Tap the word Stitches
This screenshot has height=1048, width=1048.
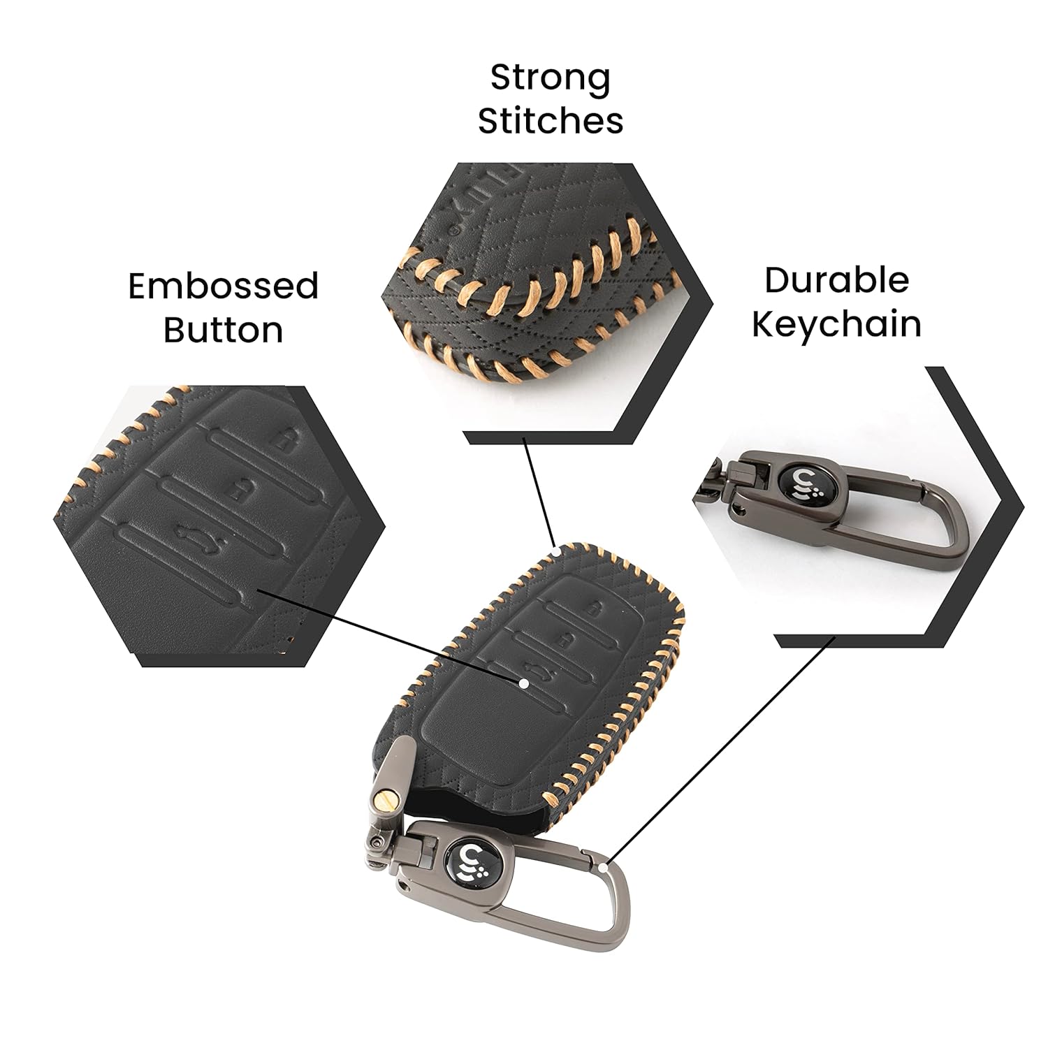tap(550, 120)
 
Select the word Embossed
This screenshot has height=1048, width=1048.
tap(224, 286)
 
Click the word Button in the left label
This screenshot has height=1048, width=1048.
tap(224, 330)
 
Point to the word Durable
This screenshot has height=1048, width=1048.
tap(836, 281)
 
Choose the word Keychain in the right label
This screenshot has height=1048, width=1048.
tap(836, 324)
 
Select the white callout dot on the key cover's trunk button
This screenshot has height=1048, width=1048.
tap(523, 683)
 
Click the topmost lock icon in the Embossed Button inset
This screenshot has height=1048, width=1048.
tap(283, 440)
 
